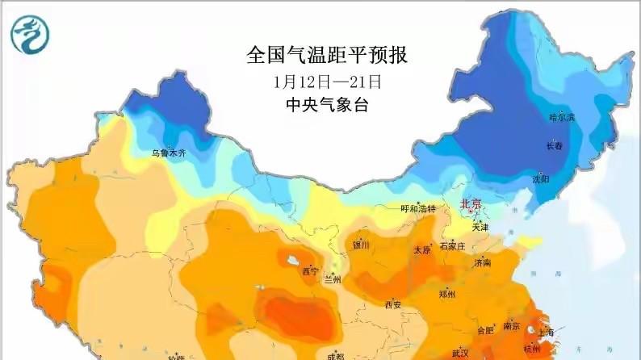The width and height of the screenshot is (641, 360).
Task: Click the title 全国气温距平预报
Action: (327, 56)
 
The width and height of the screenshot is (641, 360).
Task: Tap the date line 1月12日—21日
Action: (327, 82)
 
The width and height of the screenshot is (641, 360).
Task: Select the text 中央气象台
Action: (327, 105)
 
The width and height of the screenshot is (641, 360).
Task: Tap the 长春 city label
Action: (555, 146)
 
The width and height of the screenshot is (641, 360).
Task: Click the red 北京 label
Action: (471, 205)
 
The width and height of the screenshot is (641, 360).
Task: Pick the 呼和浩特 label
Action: (418, 209)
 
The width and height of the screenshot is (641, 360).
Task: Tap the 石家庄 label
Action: (453, 245)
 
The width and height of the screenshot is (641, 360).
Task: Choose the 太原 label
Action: (422, 250)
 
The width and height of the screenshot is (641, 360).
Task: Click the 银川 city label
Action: (360, 245)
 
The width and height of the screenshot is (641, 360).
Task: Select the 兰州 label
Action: (333, 279)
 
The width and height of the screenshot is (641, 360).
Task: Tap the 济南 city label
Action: (483, 263)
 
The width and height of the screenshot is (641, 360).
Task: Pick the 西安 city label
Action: (393, 305)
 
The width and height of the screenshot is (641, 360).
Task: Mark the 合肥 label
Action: (484, 329)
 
